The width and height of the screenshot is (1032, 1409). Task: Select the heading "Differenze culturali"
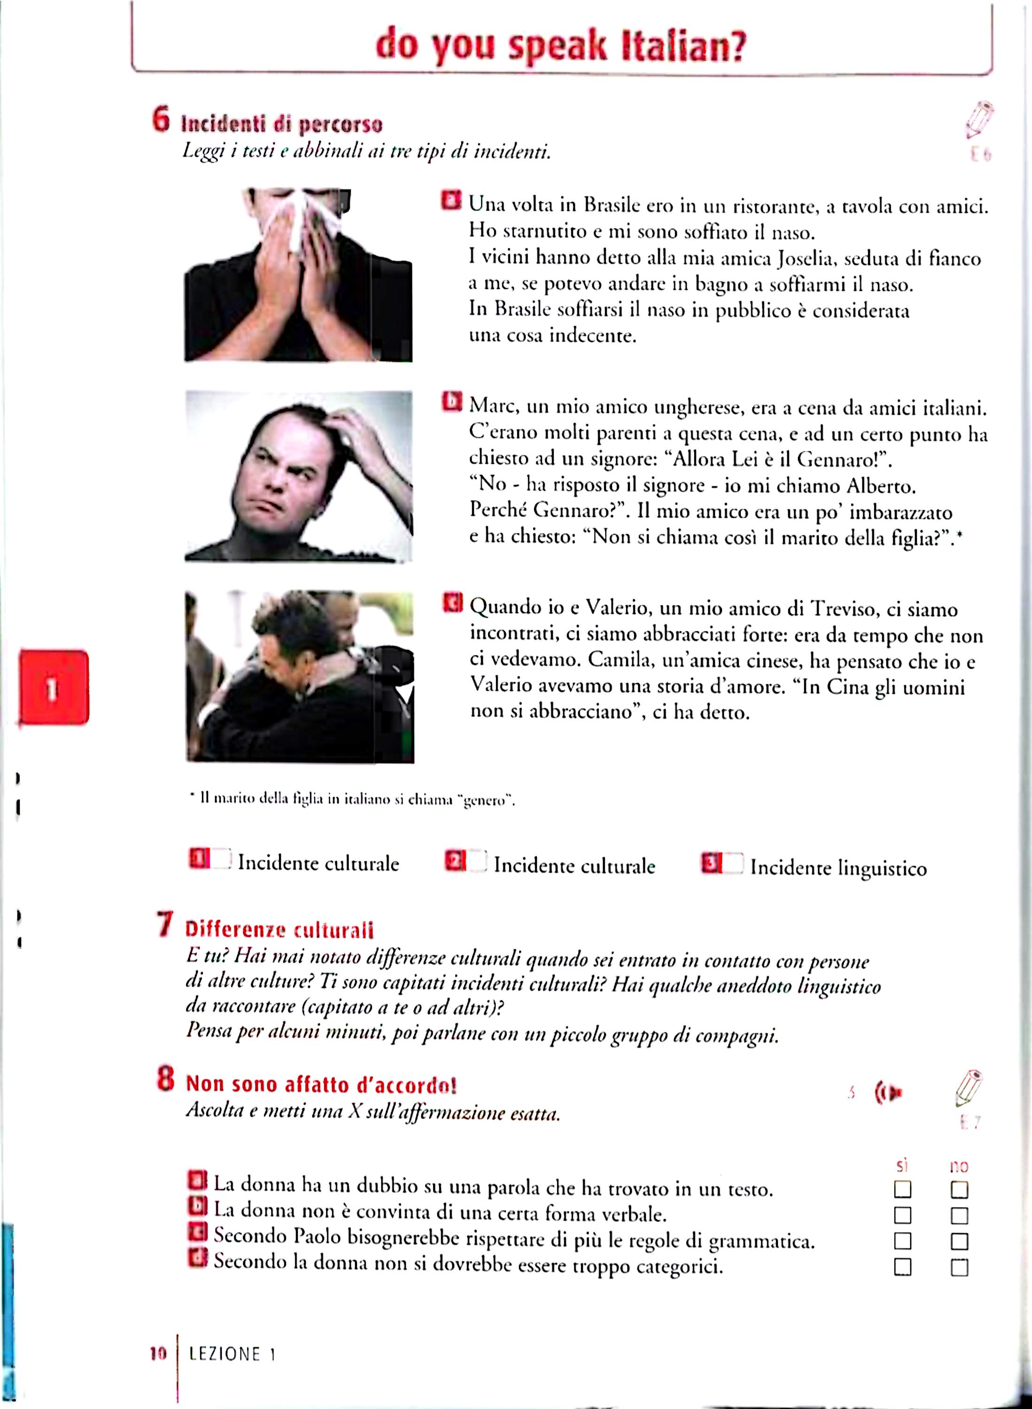pos(279,930)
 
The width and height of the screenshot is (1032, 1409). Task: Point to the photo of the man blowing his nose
pos(298,275)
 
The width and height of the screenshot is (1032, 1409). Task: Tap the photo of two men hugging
pos(299,676)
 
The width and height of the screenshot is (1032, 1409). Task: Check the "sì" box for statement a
pos(902,1189)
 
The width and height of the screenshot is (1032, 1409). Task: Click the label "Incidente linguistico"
pos(838,868)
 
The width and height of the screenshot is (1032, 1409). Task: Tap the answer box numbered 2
pos(477,861)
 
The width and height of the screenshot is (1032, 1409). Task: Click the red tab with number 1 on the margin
pos(54,688)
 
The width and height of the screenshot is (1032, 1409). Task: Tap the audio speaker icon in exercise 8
pos(888,1092)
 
